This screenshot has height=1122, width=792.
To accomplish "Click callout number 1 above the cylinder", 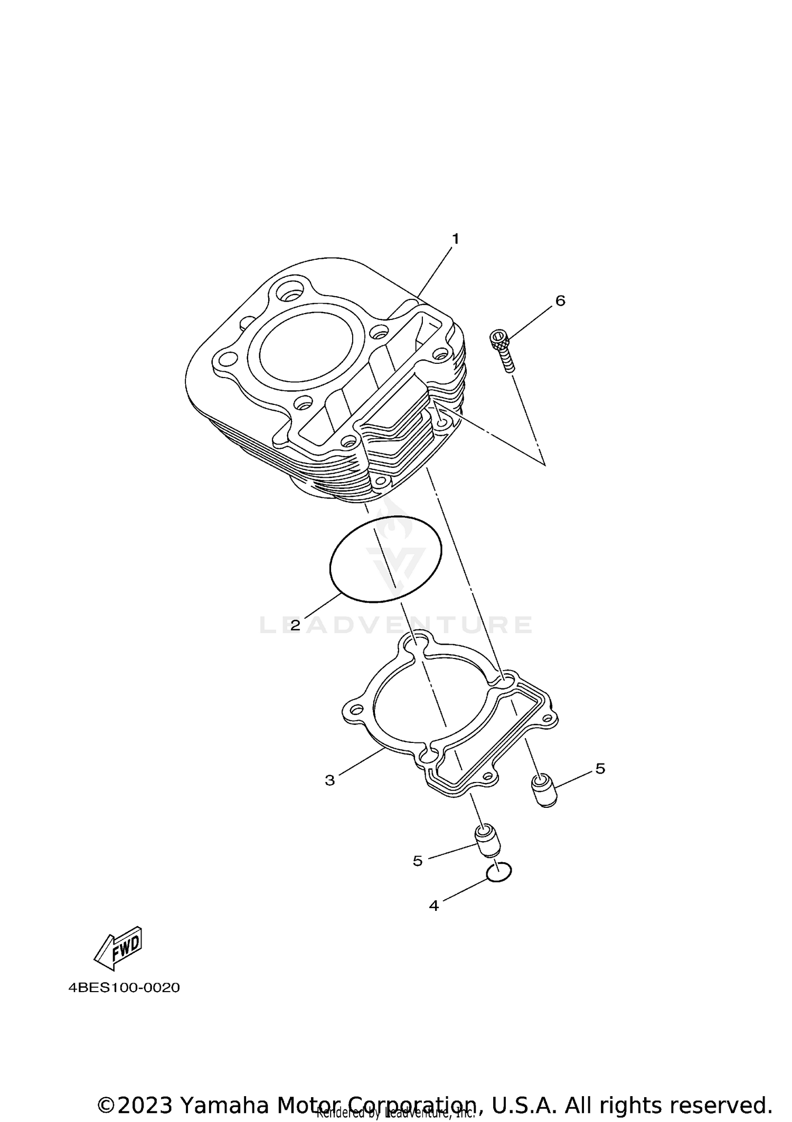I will click(455, 239).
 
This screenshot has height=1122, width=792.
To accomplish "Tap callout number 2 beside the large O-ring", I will click(295, 626).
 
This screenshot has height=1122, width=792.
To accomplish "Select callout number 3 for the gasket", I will click(330, 780).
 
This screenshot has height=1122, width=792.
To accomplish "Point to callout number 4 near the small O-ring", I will click(434, 906).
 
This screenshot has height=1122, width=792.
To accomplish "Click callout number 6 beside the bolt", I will click(560, 301).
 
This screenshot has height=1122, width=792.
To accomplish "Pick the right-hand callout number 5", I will click(600, 769).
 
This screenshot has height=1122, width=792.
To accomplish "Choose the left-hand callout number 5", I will click(418, 861).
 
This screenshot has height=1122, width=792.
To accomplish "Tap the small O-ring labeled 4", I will click(499, 873).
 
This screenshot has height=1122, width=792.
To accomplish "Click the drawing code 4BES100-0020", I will click(124, 987).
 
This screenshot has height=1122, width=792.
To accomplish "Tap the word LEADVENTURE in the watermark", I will click(396, 626).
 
